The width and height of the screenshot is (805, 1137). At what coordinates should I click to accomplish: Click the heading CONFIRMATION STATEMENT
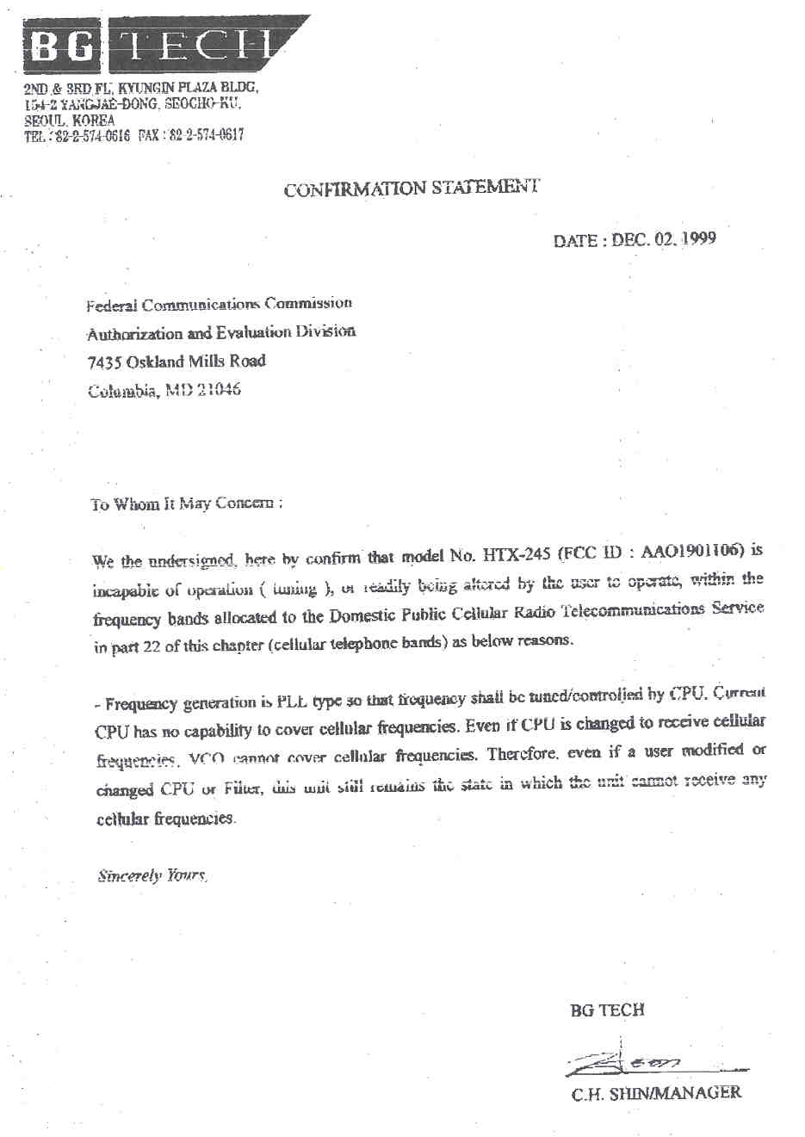pyautogui.click(x=412, y=188)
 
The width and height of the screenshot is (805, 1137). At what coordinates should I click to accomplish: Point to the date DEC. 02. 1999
pyautogui.click(x=664, y=239)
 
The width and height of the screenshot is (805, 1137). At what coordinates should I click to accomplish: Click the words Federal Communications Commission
pyautogui.click(x=219, y=305)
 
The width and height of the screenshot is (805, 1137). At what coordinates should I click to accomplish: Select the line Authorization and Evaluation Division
pyautogui.click(x=220, y=333)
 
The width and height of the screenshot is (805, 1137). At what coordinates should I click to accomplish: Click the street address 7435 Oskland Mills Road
pyautogui.click(x=176, y=361)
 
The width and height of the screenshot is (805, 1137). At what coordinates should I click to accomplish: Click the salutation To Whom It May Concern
pyautogui.click(x=185, y=504)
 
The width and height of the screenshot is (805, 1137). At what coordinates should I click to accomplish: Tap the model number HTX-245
pyautogui.click(x=517, y=554)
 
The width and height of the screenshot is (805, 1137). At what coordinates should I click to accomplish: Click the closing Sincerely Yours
pyautogui.click(x=152, y=876)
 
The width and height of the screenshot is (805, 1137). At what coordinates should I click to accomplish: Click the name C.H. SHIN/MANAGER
pyautogui.click(x=655, y=1093)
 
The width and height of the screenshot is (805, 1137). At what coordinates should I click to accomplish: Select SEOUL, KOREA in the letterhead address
pyautogui.click(x=69, y=120)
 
